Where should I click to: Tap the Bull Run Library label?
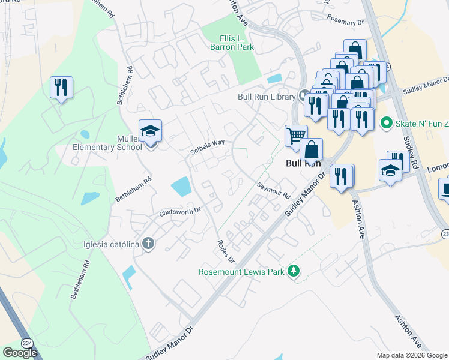pos(267,96)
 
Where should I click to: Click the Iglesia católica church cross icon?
pos(148,244)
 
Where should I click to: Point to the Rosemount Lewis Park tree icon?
pos(294,271)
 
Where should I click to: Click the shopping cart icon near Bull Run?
pos(295,136)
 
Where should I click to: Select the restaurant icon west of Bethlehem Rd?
pos(61,88)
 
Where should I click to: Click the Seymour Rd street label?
pos(274,191)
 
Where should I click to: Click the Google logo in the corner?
pos(20,352)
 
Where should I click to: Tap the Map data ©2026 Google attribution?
pos(412,355)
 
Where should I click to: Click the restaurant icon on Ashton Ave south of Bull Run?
pos(341,176)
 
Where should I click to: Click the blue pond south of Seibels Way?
pos(181,187)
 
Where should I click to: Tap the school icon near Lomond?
pos(390,170)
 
